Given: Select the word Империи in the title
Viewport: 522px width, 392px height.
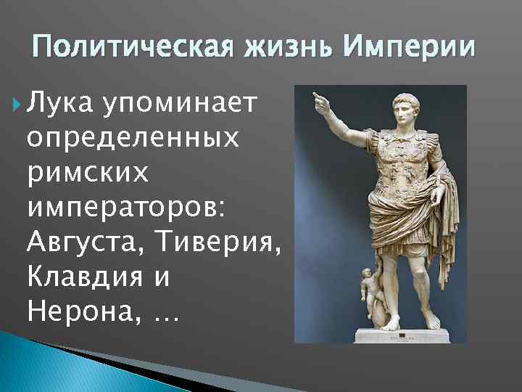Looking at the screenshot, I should tap(410, 47).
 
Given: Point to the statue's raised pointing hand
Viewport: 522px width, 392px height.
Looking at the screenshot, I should tap(319, 101).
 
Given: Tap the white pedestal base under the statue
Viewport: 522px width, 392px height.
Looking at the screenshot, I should tap(402, 335).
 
